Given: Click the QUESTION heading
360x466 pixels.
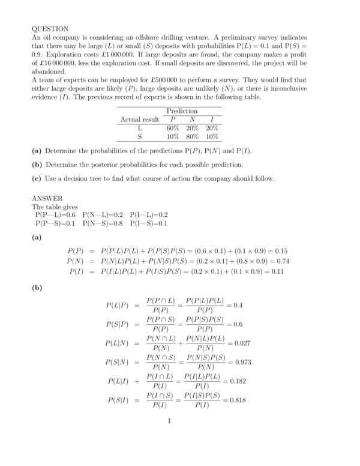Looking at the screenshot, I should click(50, 28).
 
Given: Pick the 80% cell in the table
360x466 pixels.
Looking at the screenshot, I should click(193, 136).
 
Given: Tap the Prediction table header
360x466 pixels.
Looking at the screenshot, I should click(182, 111).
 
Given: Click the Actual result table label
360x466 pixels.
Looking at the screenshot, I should click(140, 120).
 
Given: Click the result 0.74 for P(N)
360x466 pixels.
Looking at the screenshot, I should click(280, 261).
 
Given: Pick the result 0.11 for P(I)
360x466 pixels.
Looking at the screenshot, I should click(280, 271).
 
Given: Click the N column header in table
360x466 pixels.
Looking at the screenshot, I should click(193, 120).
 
